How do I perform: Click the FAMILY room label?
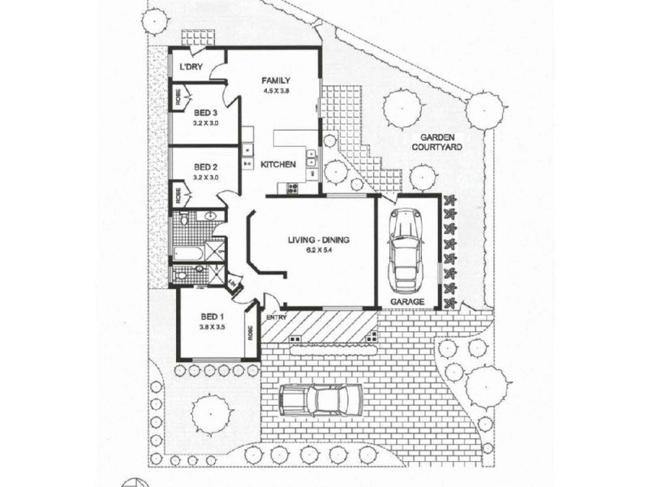[x=276, y=80]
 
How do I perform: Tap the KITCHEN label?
[x=278, y=165]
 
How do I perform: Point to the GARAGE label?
[x=408, y=301]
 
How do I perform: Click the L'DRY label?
[x=191, y=67]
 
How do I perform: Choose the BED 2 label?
[x=206, y=167]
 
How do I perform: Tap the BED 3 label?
[x=206, y=112]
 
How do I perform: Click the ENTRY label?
[x=276, y=317]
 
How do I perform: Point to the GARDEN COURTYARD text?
[x=436, y=143]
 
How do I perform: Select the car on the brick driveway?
[x=321, y=399]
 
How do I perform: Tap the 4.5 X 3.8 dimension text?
[x=276, y=91]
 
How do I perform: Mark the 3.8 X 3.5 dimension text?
[x=212, y=327]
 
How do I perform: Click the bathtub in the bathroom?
[x=188, y=256]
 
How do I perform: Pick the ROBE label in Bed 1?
[x=251, y=333]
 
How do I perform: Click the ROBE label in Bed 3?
[x=178, y=99]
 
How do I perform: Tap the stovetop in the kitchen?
[x=289, y=189]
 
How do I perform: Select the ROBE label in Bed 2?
[x=178, y=195]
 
